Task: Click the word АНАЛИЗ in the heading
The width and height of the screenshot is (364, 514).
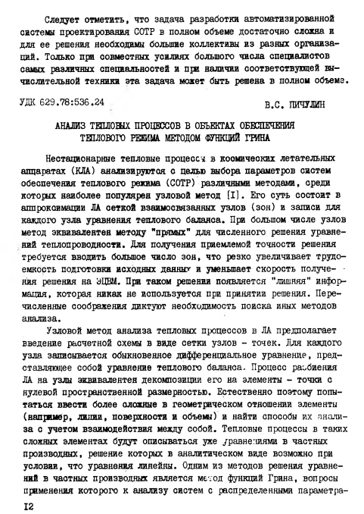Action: click(x=75, y=123)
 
